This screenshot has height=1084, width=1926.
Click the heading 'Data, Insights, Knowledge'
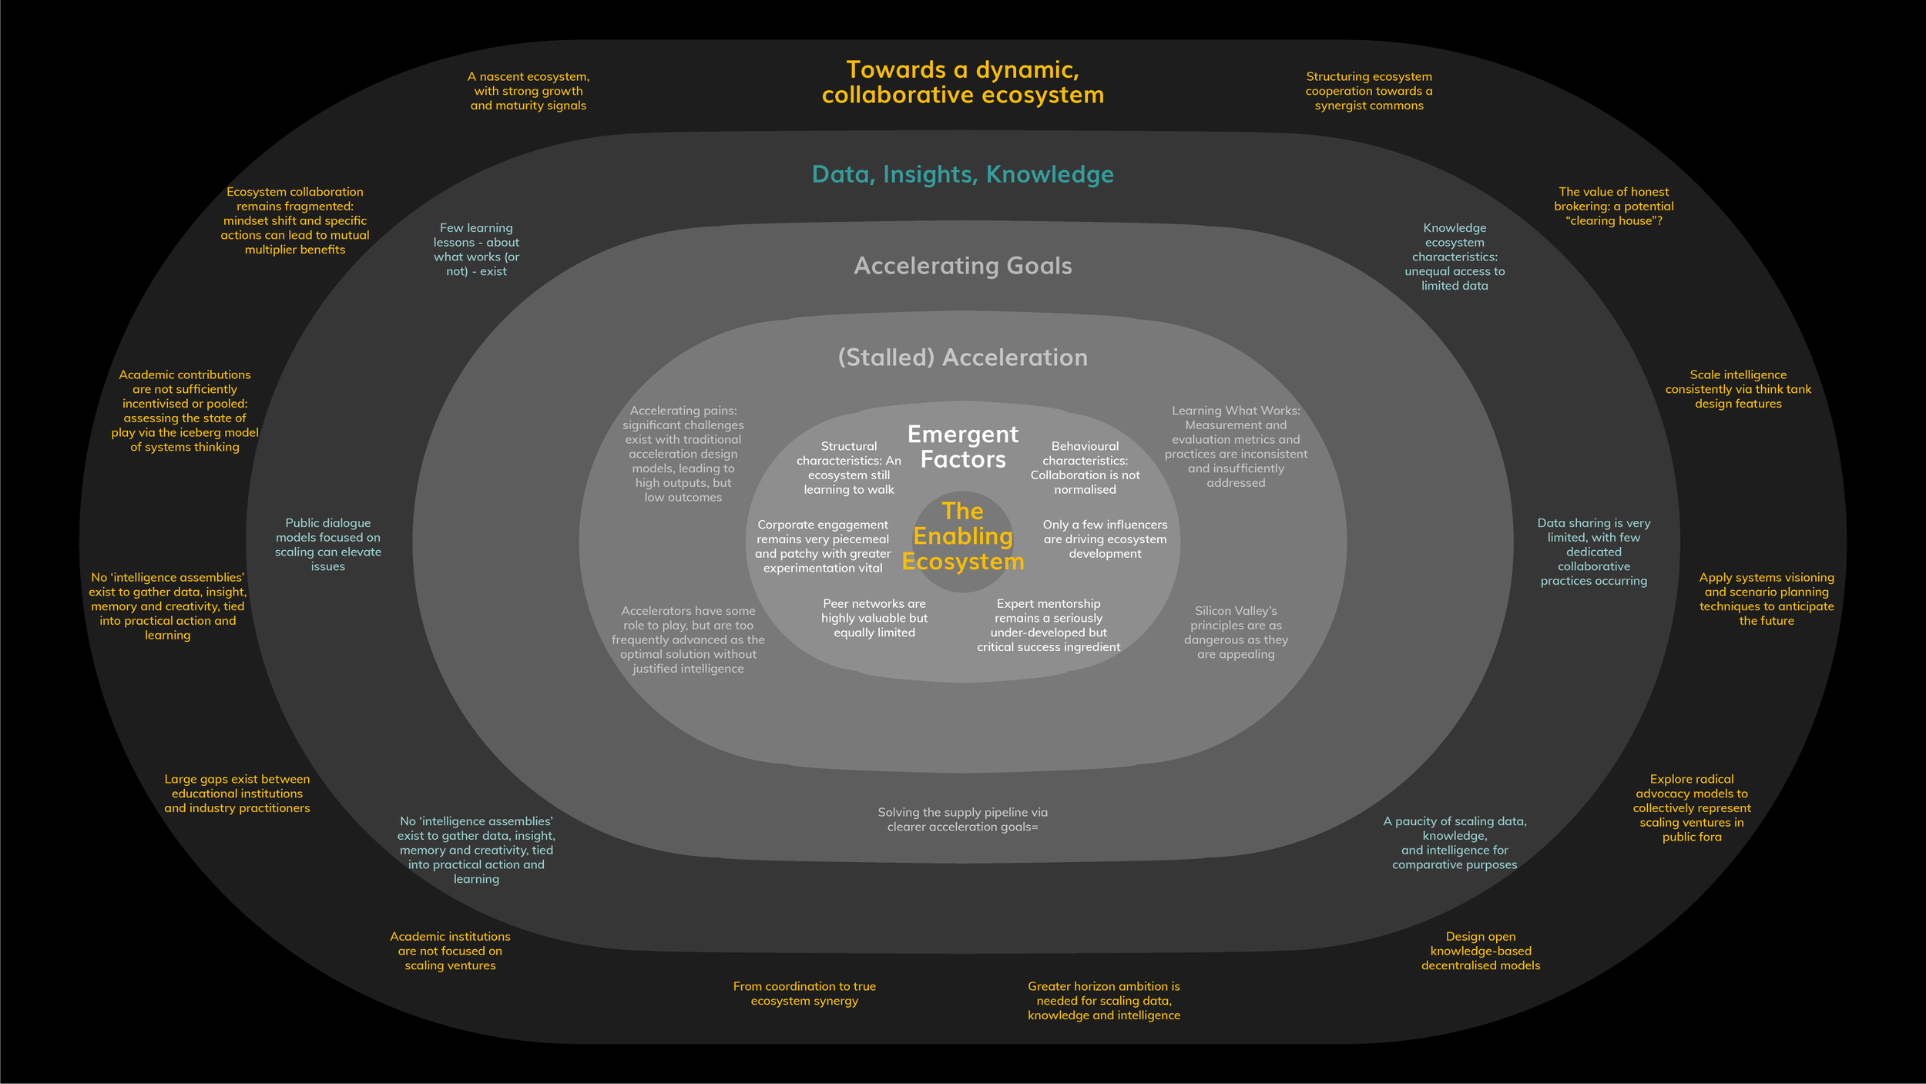tap(962, 174)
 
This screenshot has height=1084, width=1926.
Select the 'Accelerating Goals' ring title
tap(962, 266)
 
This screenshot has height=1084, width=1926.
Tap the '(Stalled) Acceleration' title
tap(962, 357)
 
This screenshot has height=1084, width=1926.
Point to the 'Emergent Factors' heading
tap(963, 447)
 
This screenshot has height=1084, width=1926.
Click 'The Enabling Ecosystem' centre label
tap(963, 536)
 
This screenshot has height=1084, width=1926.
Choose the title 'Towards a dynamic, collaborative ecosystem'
tap(962, 82)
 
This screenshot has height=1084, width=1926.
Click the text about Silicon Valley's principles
tap(1236, 633)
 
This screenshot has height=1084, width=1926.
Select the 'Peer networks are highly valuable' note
tap(874, 618)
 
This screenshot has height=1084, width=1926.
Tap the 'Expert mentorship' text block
tap(1049, 625)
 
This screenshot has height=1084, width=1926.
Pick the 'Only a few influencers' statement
tap(1105, 539)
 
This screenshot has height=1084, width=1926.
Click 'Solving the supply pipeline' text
tap(962, 819)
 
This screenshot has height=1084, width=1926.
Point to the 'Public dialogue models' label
tap(328, 545)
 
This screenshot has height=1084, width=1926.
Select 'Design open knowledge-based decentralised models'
tap(1480, 951)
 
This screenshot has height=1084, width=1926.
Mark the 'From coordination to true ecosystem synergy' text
tap(804, 993)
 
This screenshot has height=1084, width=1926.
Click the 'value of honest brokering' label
tap(1613, 206)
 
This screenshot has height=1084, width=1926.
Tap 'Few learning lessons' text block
tap(476, 250)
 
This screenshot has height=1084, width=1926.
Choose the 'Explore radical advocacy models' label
tap(1692, 807)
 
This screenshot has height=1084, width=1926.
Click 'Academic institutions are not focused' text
tap(450, 951)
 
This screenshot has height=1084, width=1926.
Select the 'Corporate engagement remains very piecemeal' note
tap(823, 546)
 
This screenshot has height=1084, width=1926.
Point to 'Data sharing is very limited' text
tap(1593, 552)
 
